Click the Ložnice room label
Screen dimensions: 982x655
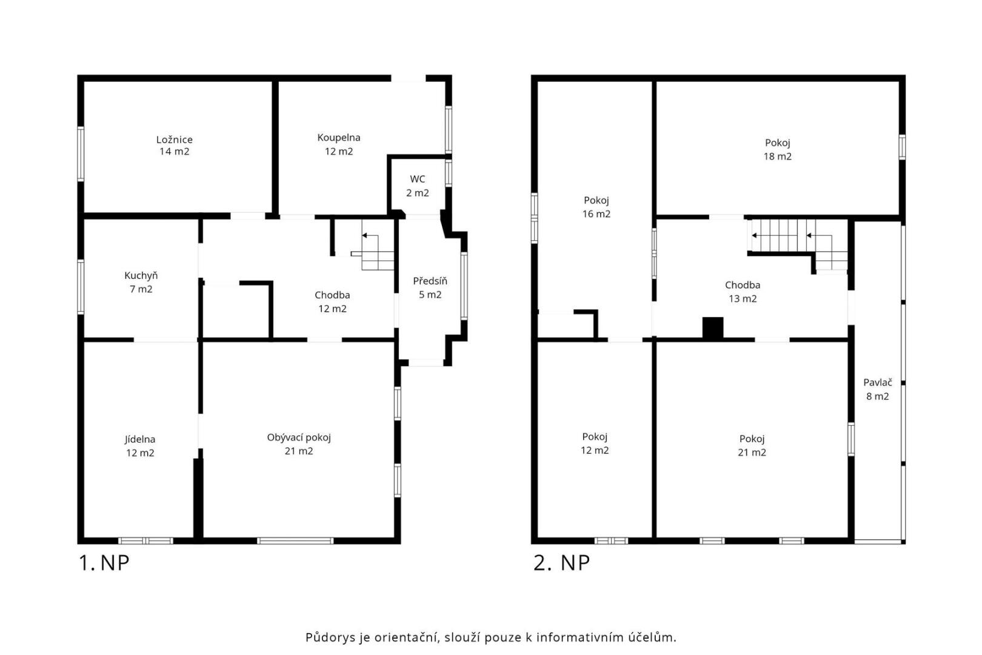[175, 146]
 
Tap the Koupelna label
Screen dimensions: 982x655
[339, 144]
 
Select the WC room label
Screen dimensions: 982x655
[417, 186]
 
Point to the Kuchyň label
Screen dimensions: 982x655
[141, 282]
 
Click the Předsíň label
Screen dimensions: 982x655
[430, 288]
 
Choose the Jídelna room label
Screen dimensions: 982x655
[140, 446]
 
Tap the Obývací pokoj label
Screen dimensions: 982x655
[299, 444]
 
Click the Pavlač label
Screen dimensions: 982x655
[878, 389]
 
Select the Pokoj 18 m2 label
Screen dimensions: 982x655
[778, 150]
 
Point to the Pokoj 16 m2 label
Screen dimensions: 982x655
[596, 207]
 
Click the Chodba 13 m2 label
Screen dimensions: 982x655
[743, 292]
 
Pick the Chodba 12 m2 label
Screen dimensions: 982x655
[332, 302]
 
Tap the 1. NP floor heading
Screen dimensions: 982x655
[104, 563]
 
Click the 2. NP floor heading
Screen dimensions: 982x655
[561, 563]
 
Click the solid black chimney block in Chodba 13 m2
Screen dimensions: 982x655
[713, 327]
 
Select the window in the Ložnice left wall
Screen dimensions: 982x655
[81, 153]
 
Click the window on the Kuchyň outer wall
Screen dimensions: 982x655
[81, 287]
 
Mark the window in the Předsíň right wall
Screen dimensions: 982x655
[464, 286]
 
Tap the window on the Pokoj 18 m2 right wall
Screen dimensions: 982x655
[902, 147]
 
